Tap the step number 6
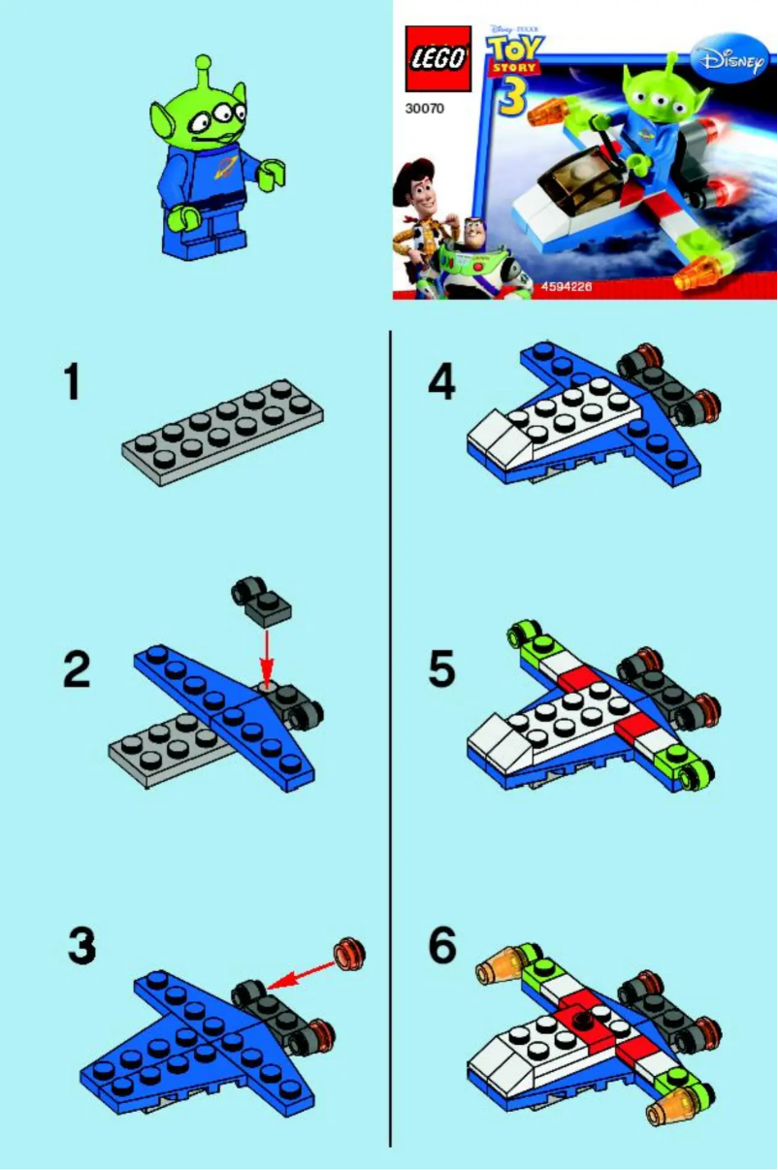pos(441,946)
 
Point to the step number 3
pos(81,946)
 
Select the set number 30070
pos(424,110)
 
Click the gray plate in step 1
pos(222,432)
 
